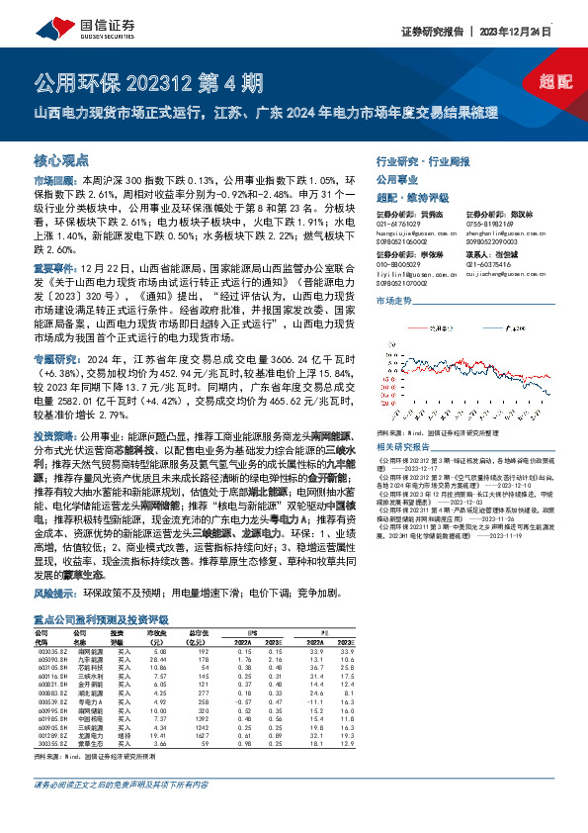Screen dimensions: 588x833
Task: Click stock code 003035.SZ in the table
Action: click(51, 652)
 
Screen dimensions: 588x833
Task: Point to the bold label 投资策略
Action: click(54, 435)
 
